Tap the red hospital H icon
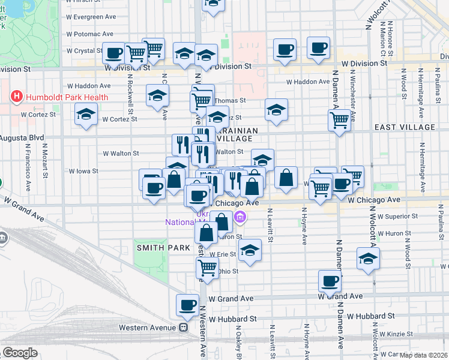[16, 96]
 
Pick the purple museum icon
[240, 217]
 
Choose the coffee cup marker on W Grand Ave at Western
[187, 305]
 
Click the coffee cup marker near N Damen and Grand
[329, 280]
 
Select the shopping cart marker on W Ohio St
[207, 267]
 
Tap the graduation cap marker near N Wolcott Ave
[367, 259]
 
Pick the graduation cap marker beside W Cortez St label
[86, 114]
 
